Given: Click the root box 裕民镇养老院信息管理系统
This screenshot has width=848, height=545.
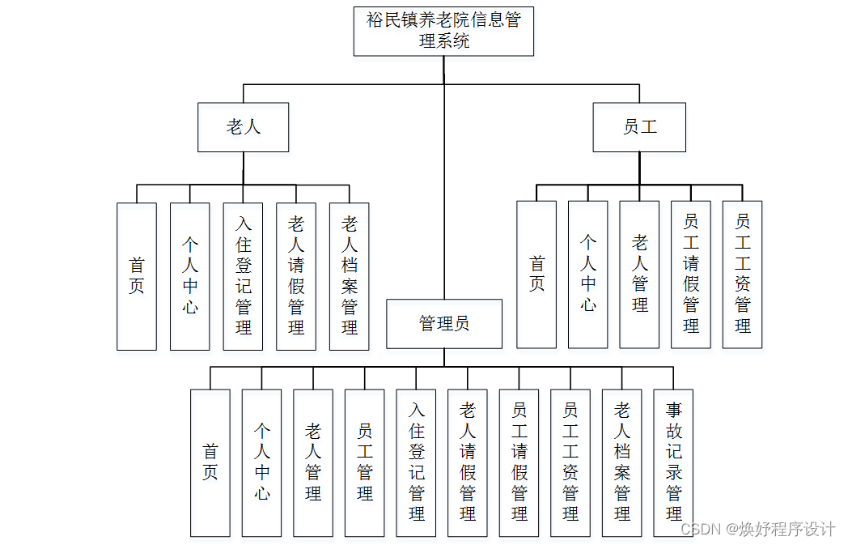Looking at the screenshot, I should click(443, 32).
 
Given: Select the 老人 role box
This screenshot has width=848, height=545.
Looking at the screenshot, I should click(243, 127).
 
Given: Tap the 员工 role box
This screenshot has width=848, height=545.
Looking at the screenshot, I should click(639, 127).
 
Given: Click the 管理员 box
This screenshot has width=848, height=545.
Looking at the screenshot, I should click(444, 324).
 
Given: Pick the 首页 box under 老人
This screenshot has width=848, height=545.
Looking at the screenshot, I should click(137, 276).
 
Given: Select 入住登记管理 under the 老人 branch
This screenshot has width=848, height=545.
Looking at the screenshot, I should click(243, 276).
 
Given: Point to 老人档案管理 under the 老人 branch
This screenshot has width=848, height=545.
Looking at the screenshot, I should click(350, 276).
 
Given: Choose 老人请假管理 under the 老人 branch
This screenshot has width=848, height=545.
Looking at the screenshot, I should click(296, 276).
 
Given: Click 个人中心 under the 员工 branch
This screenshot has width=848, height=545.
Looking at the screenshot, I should click(588, 275).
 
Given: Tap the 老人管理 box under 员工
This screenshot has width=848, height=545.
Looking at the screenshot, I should click(639, 275).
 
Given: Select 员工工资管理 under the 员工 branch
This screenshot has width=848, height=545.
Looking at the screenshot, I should click(742, 275).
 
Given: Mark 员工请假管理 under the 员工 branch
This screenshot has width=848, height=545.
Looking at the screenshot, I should click(691, 275).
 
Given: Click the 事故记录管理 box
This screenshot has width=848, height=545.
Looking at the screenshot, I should click(674, 462).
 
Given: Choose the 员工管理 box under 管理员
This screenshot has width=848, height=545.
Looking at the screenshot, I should click(365, 462).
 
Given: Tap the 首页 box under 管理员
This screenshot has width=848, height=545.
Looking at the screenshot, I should click(210, 462).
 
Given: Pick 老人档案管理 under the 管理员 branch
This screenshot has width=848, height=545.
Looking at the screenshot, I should click(622, 462).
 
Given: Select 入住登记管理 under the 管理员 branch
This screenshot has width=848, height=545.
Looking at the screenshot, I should click(417, 462).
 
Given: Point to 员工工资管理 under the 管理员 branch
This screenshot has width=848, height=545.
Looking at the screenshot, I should click(570, 462).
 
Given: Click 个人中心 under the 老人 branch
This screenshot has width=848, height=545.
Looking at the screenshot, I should click(190, 276).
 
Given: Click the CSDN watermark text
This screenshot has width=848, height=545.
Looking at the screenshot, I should click(757, 529).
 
